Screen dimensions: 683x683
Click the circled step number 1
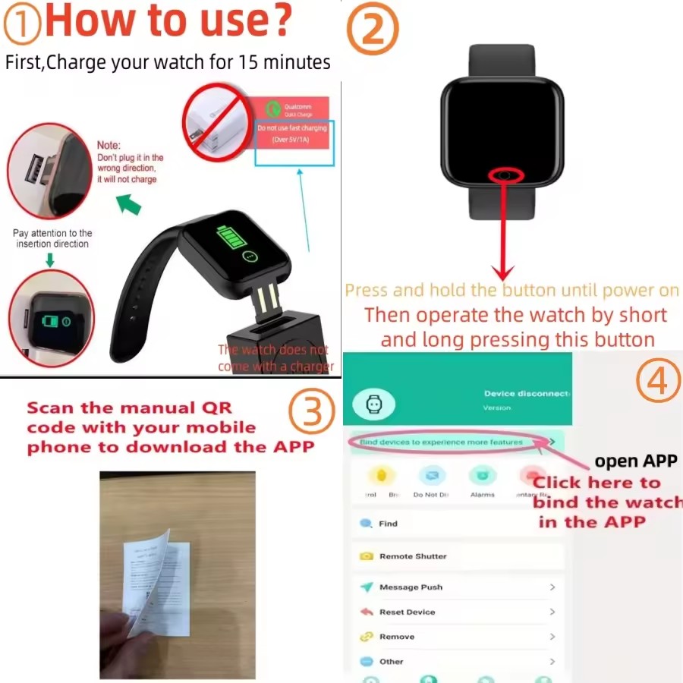[23, 25]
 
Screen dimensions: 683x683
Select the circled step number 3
[312, 414]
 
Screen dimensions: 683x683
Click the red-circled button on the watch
[507, 176]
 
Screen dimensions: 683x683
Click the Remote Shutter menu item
[413, 556]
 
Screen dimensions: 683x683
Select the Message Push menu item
[411, 587]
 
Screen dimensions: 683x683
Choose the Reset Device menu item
[407, 612]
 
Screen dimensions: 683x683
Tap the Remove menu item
[397, 637]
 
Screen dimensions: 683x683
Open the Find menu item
[388, 524]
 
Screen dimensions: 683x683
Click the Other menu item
[391, 662]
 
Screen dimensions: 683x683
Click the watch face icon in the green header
[373, 405]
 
